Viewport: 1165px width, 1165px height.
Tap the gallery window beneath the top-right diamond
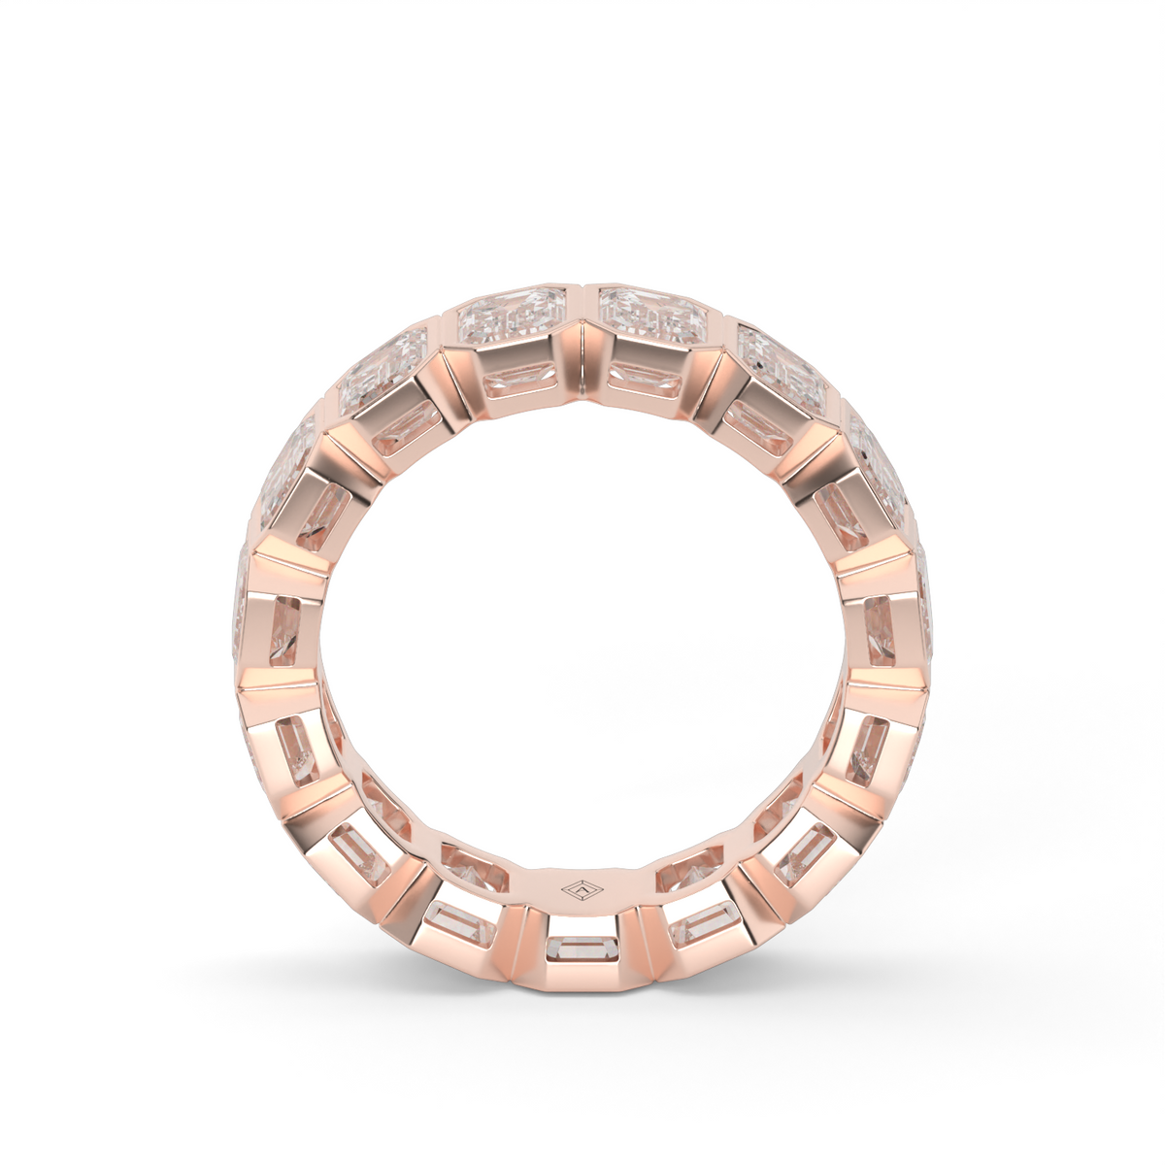649,380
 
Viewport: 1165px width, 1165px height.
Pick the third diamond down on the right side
877,456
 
